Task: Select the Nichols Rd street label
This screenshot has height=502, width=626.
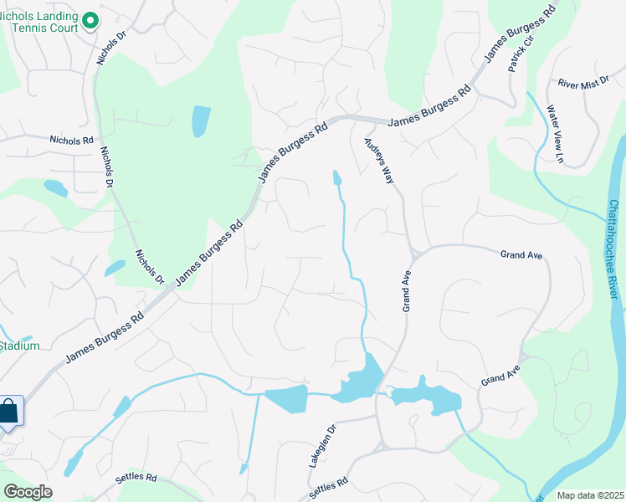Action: (x=71, y=141)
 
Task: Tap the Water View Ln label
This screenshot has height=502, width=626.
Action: (x=556, y=133)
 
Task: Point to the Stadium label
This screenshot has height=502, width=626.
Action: (x=19, y=346)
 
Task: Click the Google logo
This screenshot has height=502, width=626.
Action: (x=27, y=491)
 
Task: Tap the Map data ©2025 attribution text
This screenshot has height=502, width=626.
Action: (x=590, y=495)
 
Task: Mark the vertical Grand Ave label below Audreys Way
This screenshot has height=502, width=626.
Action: (x=407, y=290)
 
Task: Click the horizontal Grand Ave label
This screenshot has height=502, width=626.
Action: (x=522, y=254)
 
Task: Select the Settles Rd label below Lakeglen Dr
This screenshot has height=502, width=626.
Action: (x=328, y=489)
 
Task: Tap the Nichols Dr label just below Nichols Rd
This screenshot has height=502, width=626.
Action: (x=107, y=167)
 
